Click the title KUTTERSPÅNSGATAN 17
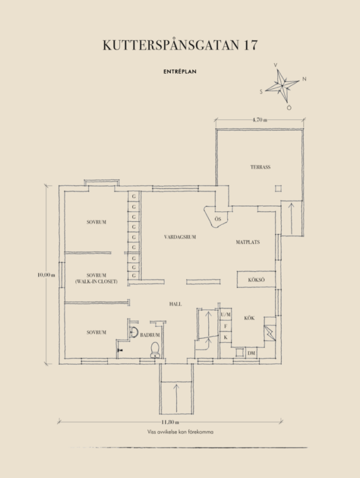coord(180,45)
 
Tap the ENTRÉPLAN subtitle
coord(179,72)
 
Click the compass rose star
coord(282,86)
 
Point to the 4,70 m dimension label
coord(260,120)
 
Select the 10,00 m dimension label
coord(46,275)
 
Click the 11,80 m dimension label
coord(170,422)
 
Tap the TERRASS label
coord(260,167)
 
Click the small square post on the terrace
coord(278,189)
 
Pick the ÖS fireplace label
coord(218,219)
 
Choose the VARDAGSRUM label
coord(180,237)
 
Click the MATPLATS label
coord(248,242)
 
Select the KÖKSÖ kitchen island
coord(256,279)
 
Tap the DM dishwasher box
coord(251,353)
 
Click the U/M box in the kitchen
coord(226,315)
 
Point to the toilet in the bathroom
coord(155,350)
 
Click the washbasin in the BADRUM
coord(134,332)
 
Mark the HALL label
coord(175,304)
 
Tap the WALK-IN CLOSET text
coord(96,282)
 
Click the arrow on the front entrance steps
coord(177,397)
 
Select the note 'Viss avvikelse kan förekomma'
coord(181,432)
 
